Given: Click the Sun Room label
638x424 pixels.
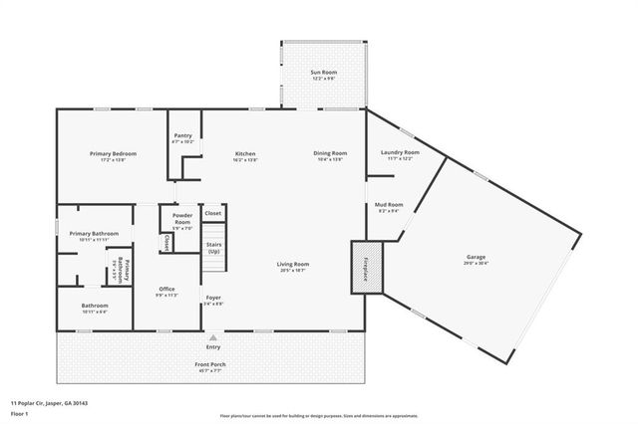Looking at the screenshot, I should tap(322, 73).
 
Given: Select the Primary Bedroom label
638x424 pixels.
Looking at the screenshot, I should tap(113, 153).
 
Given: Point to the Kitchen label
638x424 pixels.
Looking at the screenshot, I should tap(245, 153).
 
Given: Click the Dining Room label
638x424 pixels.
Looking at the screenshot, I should tap(330, 153).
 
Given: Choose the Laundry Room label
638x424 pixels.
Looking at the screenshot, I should tap(400, 152).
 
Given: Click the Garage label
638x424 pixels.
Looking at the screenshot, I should tap(476, 257).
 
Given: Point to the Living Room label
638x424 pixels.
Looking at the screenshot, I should tap(293, 264).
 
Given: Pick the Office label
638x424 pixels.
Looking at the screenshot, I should tap(167, 290).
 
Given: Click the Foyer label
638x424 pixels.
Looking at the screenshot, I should tap(213, 297).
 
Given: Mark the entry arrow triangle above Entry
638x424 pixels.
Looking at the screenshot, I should tap(212, 338).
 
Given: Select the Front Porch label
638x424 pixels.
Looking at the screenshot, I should tap(211, 364).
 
